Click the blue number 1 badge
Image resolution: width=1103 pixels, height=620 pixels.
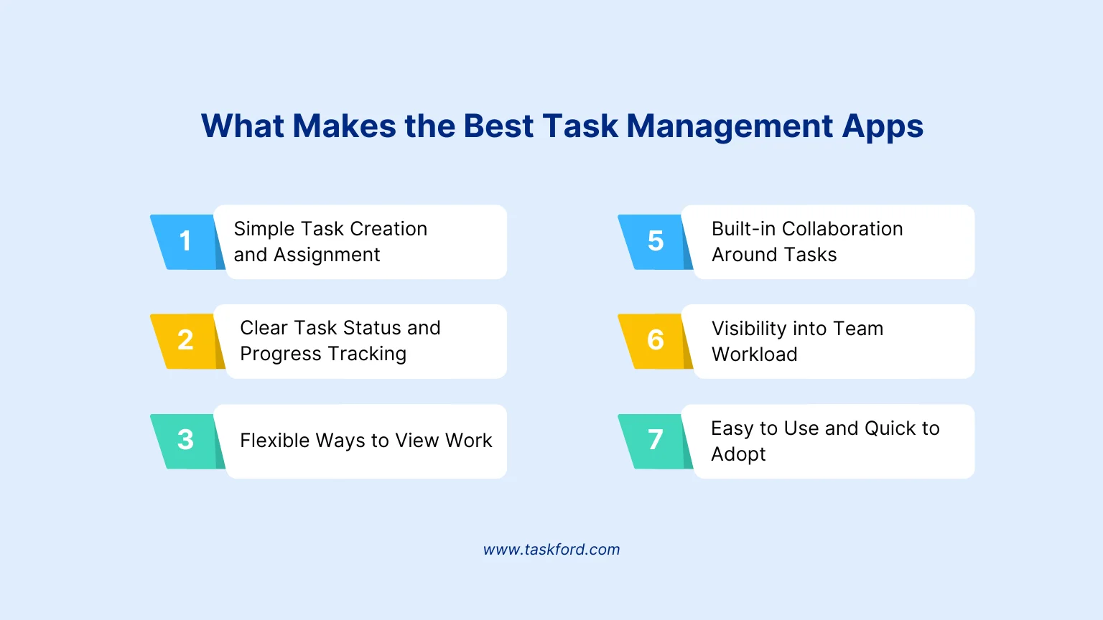tap(185, 242)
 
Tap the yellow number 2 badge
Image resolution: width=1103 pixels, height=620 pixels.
tap(185, 341)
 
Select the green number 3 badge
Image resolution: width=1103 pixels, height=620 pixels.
tap(185, 441)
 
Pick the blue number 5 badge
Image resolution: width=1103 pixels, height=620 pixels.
tap(654, 242)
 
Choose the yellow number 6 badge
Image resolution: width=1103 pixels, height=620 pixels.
tap(654, 341)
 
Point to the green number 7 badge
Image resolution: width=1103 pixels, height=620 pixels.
tap(654, 441)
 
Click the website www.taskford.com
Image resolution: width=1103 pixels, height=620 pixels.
tap(551, 549)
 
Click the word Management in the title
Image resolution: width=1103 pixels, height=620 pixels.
tap(730, 127)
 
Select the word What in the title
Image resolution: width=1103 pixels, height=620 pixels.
tap(242, 126)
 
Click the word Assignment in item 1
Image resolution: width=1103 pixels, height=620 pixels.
tap(327, 255)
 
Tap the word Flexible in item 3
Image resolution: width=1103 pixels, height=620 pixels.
tap(274, 441)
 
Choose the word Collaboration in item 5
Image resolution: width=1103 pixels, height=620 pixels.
tap(842, 229)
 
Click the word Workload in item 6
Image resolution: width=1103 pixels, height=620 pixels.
tap(755, 354)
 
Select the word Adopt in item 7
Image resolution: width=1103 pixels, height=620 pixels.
tap(738, 455)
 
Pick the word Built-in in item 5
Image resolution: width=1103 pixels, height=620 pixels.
tap(743, 229)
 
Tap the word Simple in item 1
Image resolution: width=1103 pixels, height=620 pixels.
tap(264, 230)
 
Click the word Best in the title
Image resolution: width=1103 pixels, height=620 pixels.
tap(498, 126)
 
